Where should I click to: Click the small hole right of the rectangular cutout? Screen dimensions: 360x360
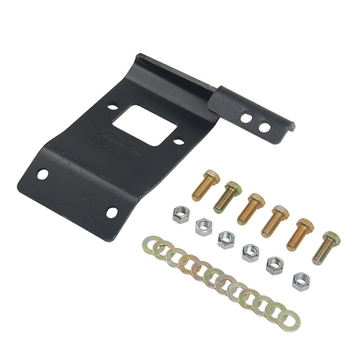pyautogui.click(x=179, y=141)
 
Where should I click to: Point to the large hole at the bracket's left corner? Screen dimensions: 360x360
pyautogui.click(x=42, y=174)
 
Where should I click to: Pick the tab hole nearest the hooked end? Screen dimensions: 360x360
pyautogui.click(x=264, y=126)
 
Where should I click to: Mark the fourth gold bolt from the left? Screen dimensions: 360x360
pyautogui.click(x=274, y=221)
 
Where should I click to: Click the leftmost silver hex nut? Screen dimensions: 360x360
pyautogui.click(x=181, y=215)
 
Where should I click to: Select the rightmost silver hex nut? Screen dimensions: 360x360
pyautogui.click(x=301, y=282)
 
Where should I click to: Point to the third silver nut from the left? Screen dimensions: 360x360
pyautogui.click(x=226, y=240)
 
